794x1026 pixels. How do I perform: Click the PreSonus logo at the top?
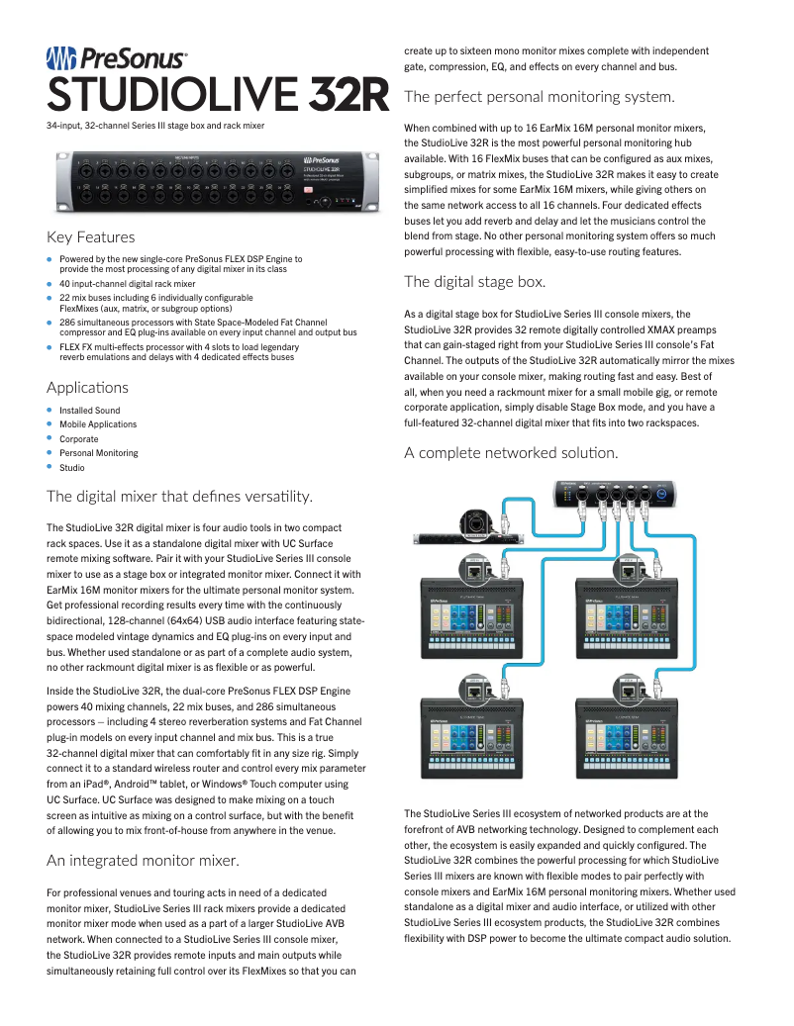pos(117,59)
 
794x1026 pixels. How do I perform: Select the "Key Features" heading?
pos(91,237)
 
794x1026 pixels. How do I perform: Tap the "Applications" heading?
pos(87,387)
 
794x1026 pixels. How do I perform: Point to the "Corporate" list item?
pos(78,438)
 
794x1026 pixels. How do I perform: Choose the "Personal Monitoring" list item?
pos(98,453)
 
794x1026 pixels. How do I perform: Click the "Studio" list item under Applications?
pos(71,467)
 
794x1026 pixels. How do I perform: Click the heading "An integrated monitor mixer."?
pos(143,861)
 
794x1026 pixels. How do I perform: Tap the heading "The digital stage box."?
pos(475,282)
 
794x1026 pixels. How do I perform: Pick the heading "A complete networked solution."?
pos(511,453)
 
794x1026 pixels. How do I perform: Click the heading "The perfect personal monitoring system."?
pos(540,97)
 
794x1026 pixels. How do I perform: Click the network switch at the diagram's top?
pos(617,494)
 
